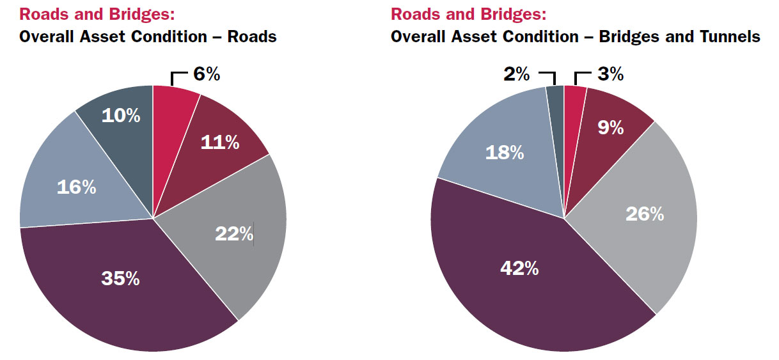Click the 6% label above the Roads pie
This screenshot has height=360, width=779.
[x=207, y=74]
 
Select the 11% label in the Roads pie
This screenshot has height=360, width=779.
[x=220, y=142]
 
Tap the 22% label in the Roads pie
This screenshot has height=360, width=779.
[x=234, y=234]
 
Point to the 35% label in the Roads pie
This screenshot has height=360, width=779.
[x=120, y=279]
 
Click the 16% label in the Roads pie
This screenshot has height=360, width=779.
[x=76, y=187]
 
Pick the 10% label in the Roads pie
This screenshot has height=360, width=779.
[x=120, y=116]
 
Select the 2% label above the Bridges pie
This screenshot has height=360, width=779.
[x=517, y=74]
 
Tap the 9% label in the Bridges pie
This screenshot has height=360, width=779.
[x=611, y=128]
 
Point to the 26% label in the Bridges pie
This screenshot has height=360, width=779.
[x=645, y=214]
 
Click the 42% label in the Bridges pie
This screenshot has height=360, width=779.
[x=519, y=269]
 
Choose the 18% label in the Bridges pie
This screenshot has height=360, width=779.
[x=505, y=153]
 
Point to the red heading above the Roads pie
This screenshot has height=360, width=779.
[x=97, y=14]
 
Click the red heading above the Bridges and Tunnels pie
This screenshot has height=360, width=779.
[x=469, y=14]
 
